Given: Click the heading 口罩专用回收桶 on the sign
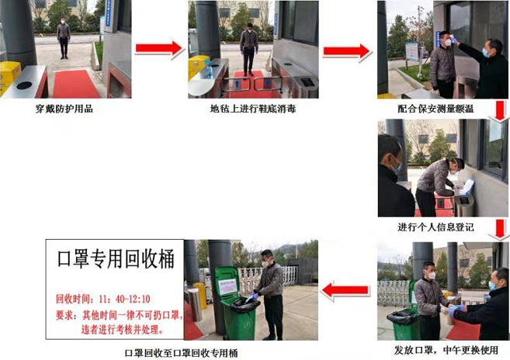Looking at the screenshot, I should (115, 259).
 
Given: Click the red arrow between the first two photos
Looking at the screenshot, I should (158, 49).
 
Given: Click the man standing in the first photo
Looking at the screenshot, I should (63, 39).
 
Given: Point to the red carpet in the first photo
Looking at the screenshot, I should (75, 82).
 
